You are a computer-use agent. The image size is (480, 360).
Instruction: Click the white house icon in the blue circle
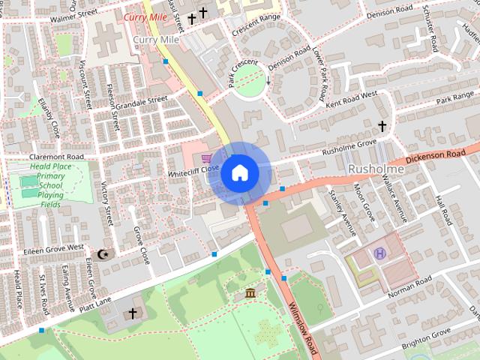(x=239, y=172)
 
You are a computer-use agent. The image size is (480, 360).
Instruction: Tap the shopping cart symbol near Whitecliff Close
(x=206, y=158)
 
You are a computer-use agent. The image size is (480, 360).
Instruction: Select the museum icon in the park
(x=250, y=292)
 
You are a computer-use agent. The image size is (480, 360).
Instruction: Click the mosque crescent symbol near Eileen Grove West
(x=103, y=254)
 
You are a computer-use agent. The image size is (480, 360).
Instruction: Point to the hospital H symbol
(x=380, y=253)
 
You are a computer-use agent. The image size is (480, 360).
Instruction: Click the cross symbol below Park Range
(x=382, y=126)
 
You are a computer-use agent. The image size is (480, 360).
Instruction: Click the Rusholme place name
(x=376, y=169)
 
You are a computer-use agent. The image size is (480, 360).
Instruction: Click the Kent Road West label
(x=351, y=102)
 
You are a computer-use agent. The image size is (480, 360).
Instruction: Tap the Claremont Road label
(x=56, y=156)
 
